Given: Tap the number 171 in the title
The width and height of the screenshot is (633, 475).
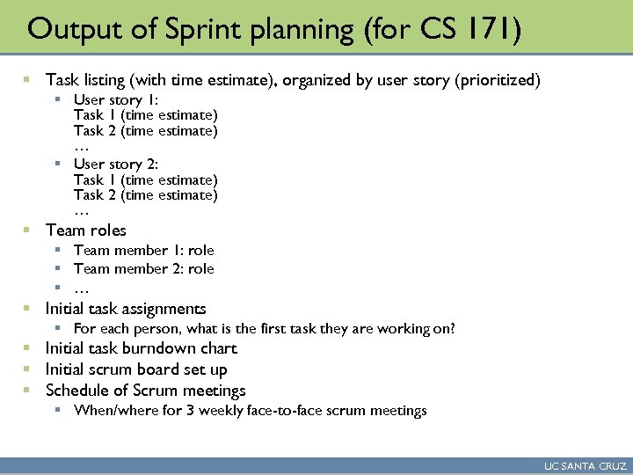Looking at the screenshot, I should click(x=498, y=29).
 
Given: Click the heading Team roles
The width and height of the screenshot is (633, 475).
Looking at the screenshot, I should click(x=86, y=230).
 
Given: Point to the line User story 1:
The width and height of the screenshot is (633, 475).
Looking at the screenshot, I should click(x=116, y=99).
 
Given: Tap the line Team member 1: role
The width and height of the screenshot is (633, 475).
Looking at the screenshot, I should click(x=144, y=251).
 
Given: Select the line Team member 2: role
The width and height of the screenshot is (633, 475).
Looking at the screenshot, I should click(x=144, y=269).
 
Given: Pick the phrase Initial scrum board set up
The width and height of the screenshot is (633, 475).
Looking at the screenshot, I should click(x=136, y=369).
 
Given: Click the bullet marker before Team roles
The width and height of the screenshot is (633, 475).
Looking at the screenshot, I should click(x=27, y=231).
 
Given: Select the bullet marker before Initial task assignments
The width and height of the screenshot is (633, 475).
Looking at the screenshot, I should click(x=27, y=310).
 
